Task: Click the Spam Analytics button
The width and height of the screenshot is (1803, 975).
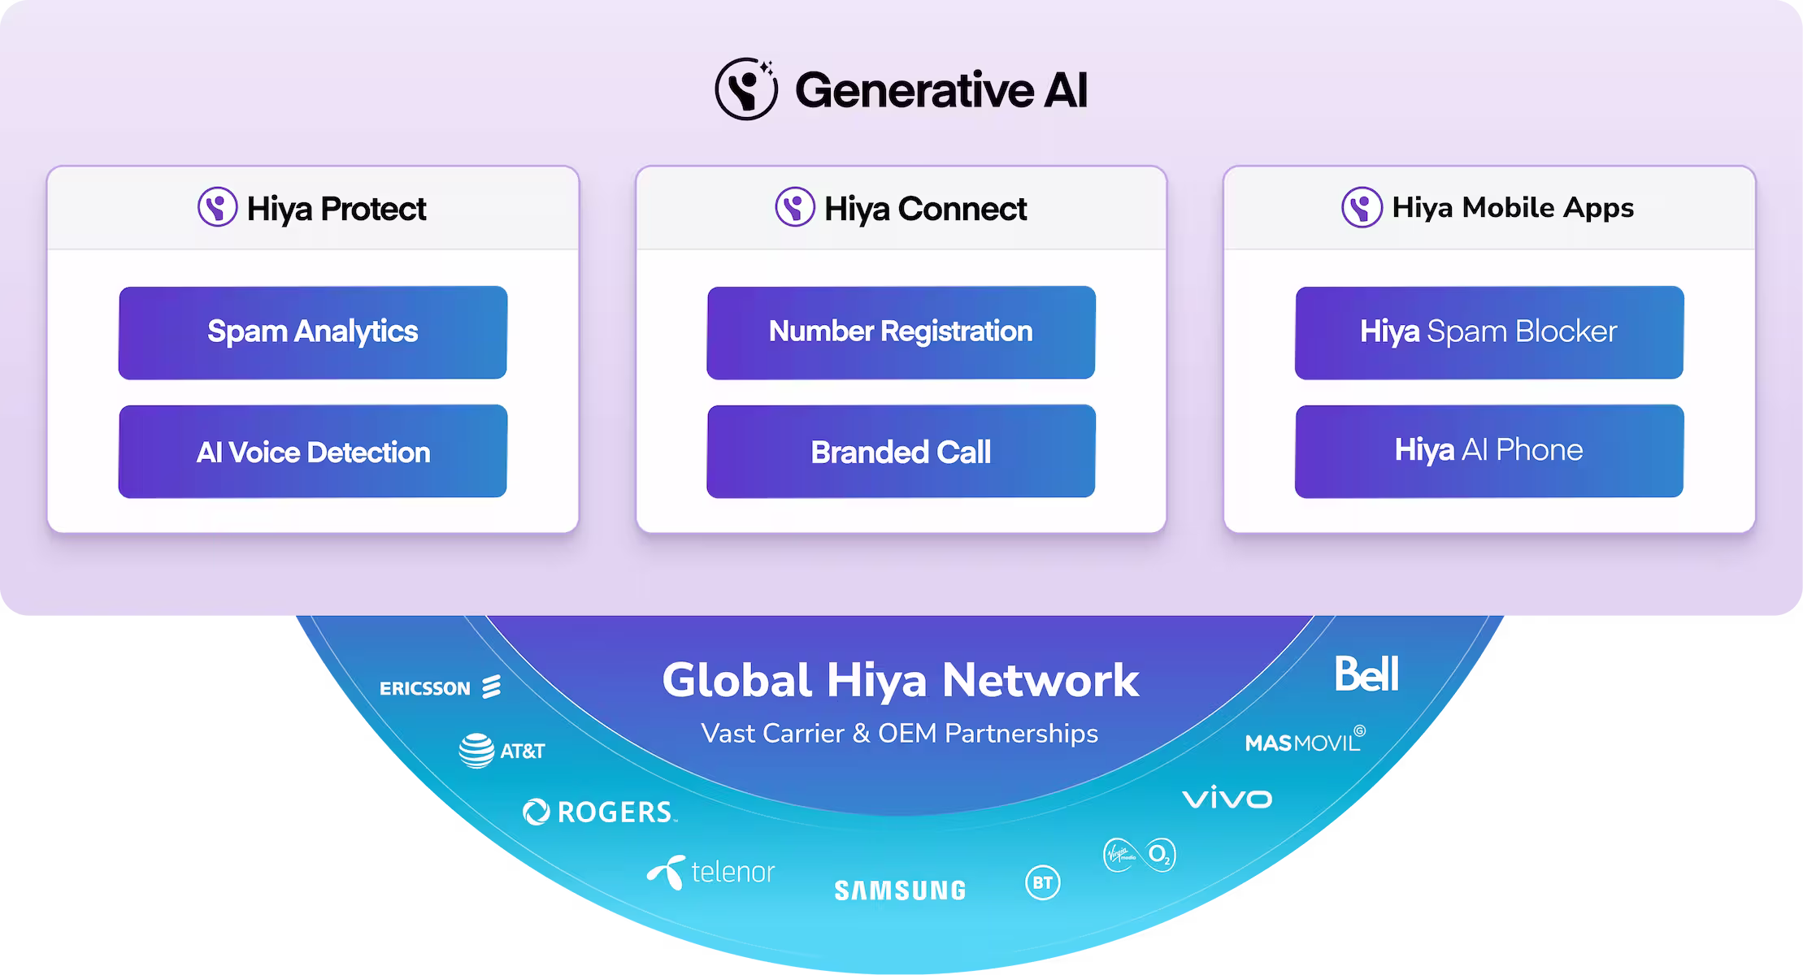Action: point(313,332)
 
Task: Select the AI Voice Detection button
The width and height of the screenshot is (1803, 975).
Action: point(313,451)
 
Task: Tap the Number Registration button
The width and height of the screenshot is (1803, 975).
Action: point(901,332)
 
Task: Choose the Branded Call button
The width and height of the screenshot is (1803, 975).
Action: point(901,451)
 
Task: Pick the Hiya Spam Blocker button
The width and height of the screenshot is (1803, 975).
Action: point(1488,332)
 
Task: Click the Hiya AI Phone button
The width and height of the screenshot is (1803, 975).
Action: point(1488,451)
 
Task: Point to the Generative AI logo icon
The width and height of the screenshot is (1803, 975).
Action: point(745,89)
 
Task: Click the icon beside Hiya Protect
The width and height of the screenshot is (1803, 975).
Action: point(218,207)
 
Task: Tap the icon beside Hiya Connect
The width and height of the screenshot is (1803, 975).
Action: point(794,207)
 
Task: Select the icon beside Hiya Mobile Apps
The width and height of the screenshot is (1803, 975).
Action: point(1362,207)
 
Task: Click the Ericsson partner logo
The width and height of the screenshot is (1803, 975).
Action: point(440,687)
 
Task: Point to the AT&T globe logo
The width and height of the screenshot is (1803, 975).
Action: point(476,751)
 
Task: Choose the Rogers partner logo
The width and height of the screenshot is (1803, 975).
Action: point(599,812)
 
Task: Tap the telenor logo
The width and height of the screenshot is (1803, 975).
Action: point(710,872)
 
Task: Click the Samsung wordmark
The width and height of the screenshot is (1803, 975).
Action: point(900,890)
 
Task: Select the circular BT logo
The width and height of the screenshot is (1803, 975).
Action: point(1043,882)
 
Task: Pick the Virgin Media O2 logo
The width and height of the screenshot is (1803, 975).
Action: point(1139,855)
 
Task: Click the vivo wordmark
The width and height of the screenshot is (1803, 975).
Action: point(1227,798)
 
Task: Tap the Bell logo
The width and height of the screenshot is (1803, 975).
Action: point(1366,674)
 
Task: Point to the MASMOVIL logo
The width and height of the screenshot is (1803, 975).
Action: point(1305,740)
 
